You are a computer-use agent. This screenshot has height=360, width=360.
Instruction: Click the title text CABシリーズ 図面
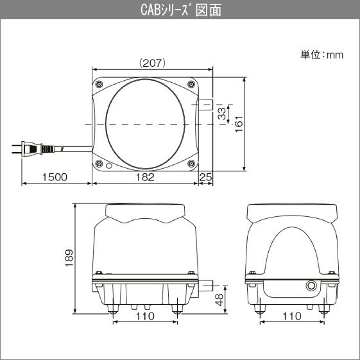pyautogui.click(x=180, y=10)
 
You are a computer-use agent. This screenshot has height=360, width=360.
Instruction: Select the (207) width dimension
pyautogui.click(x=153, y=63)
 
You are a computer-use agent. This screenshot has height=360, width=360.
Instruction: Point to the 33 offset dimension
pyautogui.click(x=221, y=114)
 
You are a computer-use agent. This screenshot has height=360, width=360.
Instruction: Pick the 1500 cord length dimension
pyautogui.click(x=55, y=177)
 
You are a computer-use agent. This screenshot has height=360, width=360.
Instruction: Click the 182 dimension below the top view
pyautogui.click(x=146, y=177)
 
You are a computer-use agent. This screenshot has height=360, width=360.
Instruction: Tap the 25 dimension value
pyautogui.click(x=205, y=177)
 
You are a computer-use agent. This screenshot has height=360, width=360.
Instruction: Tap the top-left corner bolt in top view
pyautogui.click(x=99, y=84)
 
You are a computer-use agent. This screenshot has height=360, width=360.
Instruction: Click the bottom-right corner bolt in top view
pyautogui.click(x=191, y=164)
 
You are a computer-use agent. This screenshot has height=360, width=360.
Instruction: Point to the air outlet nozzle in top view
pyautogui.click(x=205, y=104)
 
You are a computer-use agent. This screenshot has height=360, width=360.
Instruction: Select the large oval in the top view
pyautogui.click(x=145, y=123)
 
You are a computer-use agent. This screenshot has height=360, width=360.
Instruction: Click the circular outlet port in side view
pyautogui.click(x=313, y=285)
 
